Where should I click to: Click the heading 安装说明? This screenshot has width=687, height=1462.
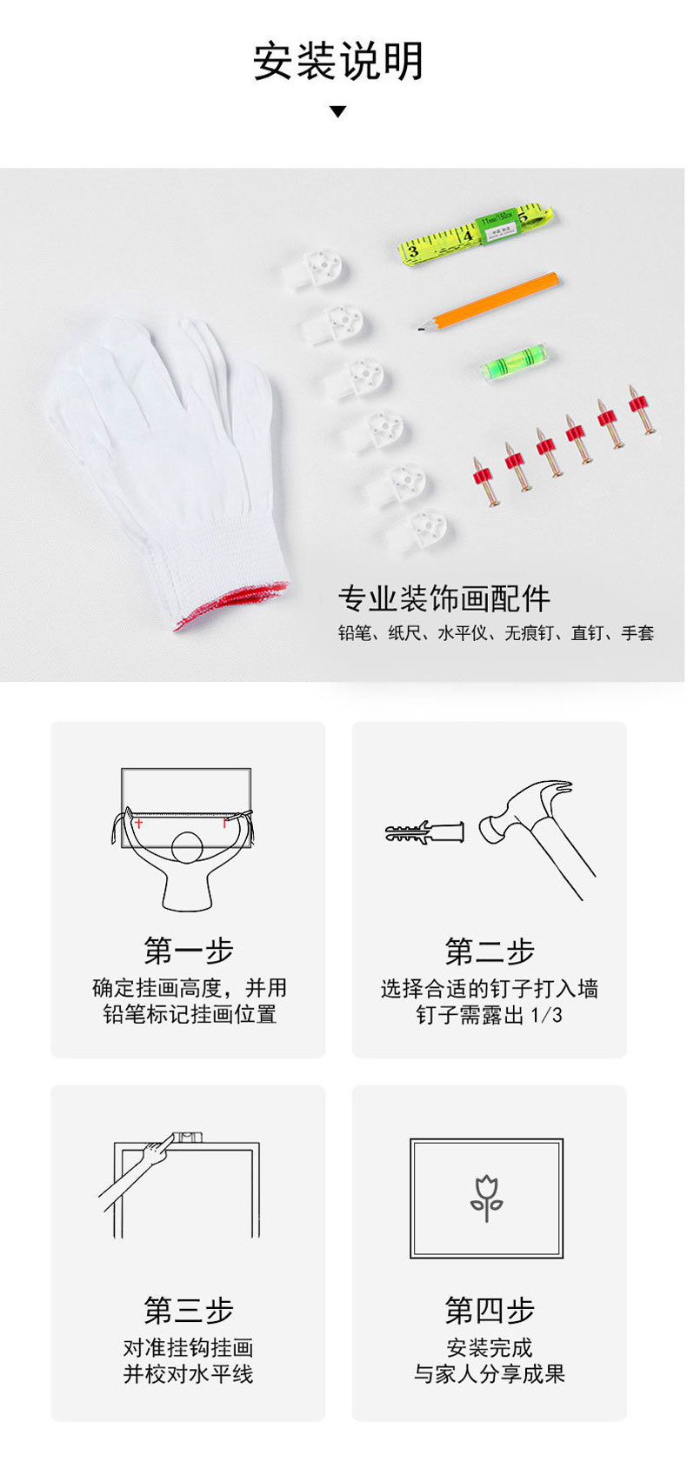[x=338, y=62]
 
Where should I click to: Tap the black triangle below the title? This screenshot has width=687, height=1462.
[x=338, y=111]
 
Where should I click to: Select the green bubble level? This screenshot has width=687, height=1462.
[x=516, y=361]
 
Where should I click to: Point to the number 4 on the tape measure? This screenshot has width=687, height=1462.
[x=467, y=236]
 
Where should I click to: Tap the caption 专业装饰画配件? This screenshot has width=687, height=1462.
[x=444, y=598]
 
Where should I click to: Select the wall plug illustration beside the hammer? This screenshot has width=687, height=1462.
[x=424, y=832]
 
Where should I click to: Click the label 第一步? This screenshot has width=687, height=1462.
[x=189, y=951]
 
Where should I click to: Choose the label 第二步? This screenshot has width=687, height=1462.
[x=490, y=951]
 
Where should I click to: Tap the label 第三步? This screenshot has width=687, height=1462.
[x=189, y=1310]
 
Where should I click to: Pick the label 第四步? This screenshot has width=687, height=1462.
[x=490, y=1310]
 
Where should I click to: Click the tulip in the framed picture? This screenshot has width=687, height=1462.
[x=487, y=1198]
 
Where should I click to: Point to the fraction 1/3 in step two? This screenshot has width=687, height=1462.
[x=546, y=1014]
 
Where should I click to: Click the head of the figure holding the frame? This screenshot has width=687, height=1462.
[x=187, y=848]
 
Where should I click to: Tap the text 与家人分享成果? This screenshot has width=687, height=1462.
[x=490, y=1373]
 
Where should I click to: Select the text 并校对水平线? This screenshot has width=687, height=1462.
[x=189, y=1373]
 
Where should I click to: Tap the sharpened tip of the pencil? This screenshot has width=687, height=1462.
[x=421, y=329]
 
